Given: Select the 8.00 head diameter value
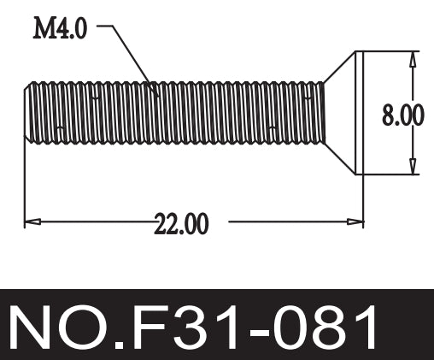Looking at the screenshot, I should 402,114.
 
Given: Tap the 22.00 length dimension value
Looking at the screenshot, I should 180,224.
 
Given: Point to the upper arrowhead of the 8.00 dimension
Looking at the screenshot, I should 413,59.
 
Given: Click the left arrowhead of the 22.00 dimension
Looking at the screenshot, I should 31,222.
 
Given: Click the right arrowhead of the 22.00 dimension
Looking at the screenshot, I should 356,222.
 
